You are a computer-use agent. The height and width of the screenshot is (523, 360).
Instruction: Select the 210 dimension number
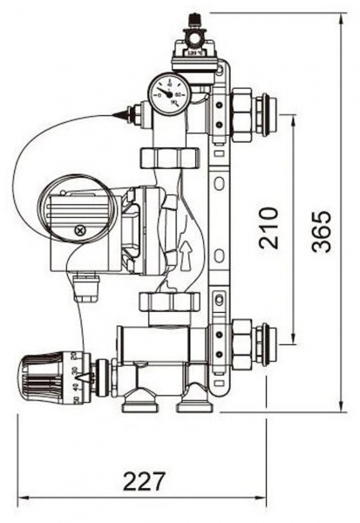(x=269, y=228)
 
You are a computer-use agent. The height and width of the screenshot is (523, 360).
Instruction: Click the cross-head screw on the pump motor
(x=81, y=231)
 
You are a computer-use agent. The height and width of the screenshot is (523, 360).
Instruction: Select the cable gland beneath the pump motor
(x=85, y=286)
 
